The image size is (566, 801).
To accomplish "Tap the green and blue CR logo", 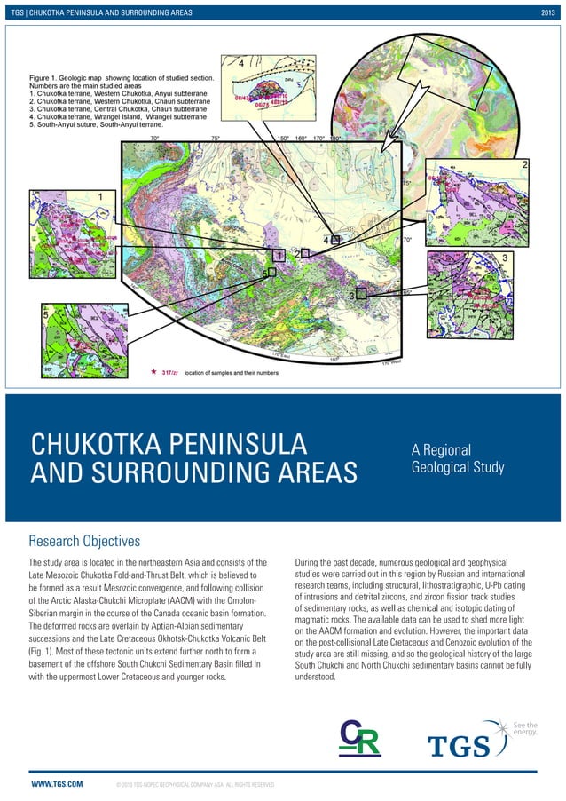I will tap(361, 738).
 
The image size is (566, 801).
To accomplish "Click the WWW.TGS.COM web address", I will tap(58, 785).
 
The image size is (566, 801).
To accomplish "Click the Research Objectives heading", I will tap(85, 539).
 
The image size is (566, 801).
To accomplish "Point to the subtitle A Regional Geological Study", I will tap(458, 458).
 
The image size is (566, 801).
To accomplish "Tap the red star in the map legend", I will tap(154, 373).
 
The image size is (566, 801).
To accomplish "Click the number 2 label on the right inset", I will tap(525, 164).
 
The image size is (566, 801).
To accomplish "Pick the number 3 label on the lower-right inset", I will tap(505, 258).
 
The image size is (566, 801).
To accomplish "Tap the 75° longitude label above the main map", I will tap(216, 139).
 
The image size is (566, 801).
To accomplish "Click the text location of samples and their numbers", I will tap(232, 373).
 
